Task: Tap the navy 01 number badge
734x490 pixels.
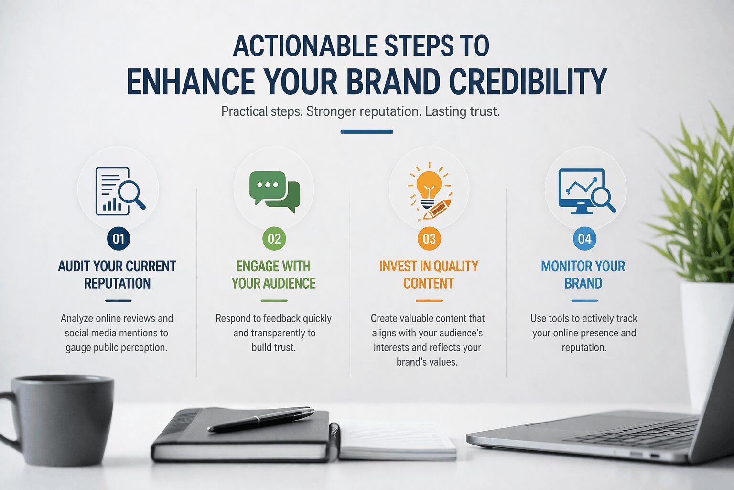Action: [x=119, y=239]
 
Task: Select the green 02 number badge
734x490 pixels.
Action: [x=274, y=239]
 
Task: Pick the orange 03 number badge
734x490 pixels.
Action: [x=429, y=239]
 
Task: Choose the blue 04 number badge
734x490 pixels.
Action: [x=584, y=239]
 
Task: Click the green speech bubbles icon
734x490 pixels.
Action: [x=274, y=191]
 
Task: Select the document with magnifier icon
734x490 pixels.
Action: [x=119, y=191]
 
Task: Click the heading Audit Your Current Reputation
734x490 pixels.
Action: [x=117, y=275]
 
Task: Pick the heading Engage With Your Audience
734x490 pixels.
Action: [x=273, y=275]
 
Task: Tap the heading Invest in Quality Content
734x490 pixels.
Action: [x=429, y=275]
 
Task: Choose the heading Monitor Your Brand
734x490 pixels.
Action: [x=583, y=275]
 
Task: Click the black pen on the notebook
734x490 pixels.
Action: [x=261, y=419]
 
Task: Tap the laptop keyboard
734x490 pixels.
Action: [x=636, y=433]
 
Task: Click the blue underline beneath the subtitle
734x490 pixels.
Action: [x=367, y=132]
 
